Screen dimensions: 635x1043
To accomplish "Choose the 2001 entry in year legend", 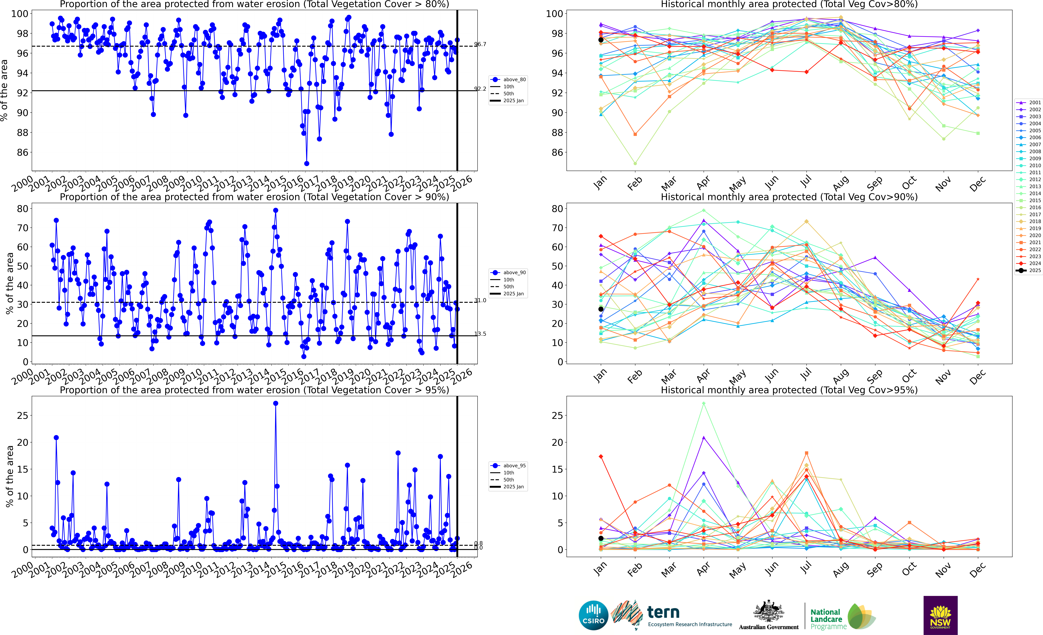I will [x=1029, y=102].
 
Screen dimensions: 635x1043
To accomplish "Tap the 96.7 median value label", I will [x=480, y=44].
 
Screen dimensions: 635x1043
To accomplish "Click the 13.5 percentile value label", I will [x=480, y=334].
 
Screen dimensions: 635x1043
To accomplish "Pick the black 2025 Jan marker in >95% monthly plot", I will [x=601, y=538].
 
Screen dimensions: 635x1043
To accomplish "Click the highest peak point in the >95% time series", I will [x=276, y=403].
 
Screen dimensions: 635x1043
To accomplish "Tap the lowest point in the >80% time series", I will [x=306, y=163].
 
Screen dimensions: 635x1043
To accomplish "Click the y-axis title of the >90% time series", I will [x=9, y=284].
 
